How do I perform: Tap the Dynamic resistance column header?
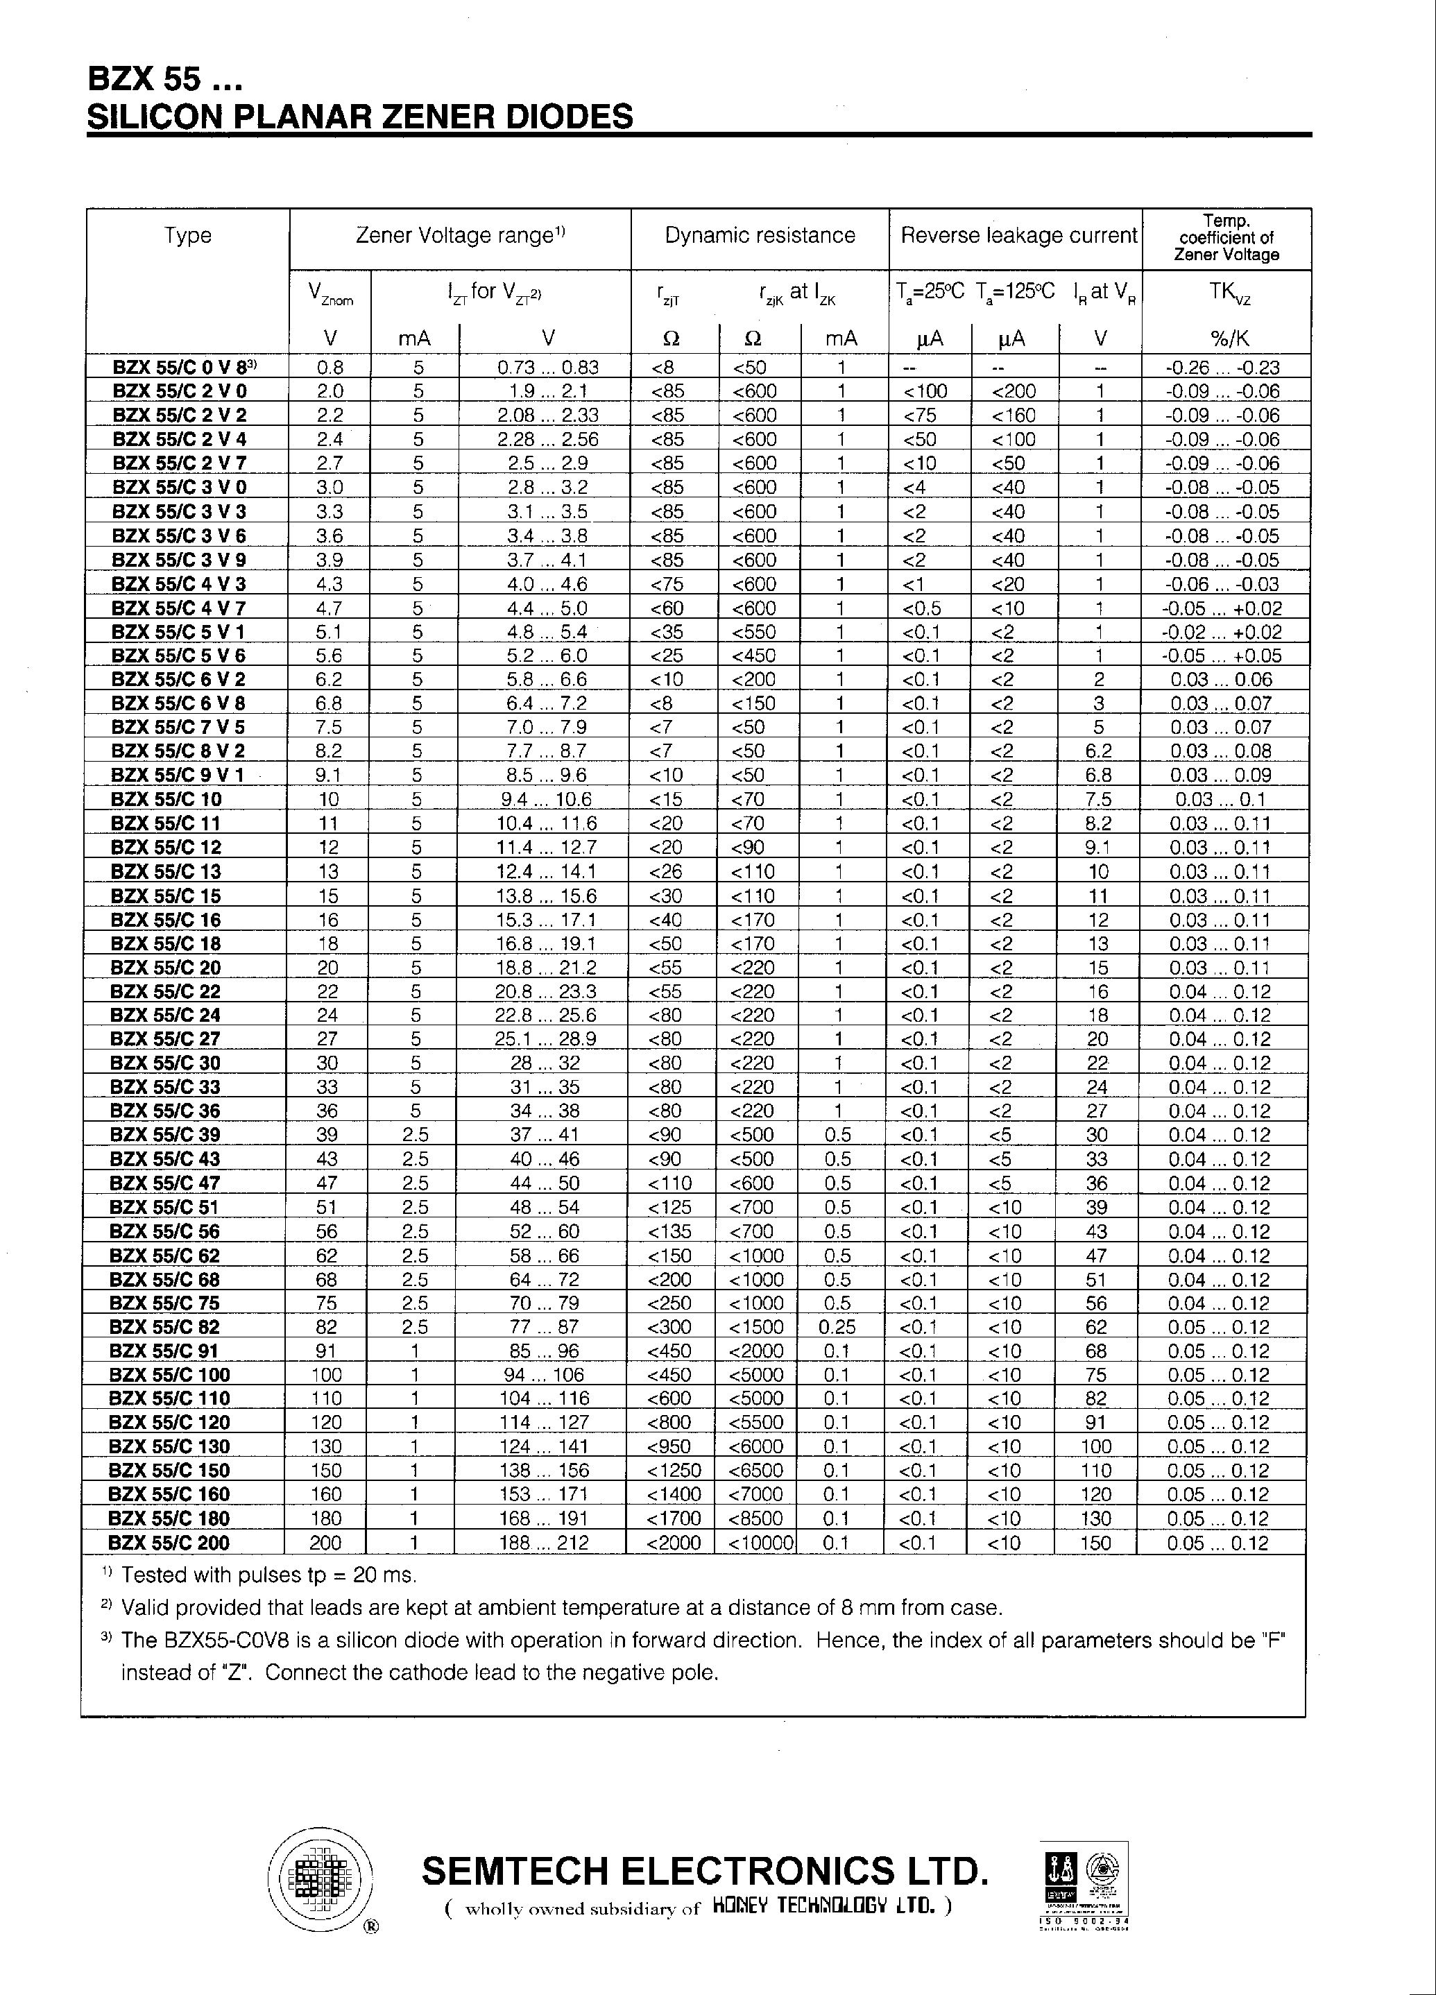[760, 236]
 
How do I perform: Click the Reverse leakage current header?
[1018, 236]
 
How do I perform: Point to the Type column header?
[187, 236]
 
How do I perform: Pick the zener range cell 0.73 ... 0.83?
[547, 368]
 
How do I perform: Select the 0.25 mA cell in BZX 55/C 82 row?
[837, 1326]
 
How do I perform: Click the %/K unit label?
[1229, 339]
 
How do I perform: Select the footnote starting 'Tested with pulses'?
[268, 1575]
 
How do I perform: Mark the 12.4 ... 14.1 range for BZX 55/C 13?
[545, 872]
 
